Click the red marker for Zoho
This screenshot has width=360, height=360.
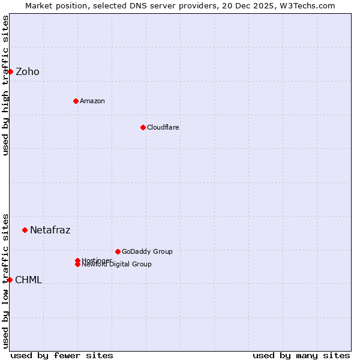click(10, 71)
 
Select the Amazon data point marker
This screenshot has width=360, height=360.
click(76, 101)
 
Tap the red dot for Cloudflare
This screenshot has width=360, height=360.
click(143, 127)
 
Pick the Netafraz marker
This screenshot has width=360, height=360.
click(25, 230)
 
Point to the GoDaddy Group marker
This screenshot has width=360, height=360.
click(118, 251)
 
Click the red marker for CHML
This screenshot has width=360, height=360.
click(10, 280)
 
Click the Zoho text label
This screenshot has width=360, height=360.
click(28, 72)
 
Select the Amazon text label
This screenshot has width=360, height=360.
click(92, 101)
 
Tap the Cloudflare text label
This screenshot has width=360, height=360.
click(163, 127)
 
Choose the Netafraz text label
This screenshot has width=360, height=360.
click(50, 230)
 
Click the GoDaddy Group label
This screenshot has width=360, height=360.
click(147, 251)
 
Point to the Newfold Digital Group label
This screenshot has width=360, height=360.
click(117, 265)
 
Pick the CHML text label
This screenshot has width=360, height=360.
click(29, 280)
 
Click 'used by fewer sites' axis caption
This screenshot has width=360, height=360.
click(62, 355)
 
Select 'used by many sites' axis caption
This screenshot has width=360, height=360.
click(301, 355)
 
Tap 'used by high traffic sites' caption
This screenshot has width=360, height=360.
click(5, 85)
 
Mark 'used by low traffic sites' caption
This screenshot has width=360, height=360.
click(5, 280)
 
